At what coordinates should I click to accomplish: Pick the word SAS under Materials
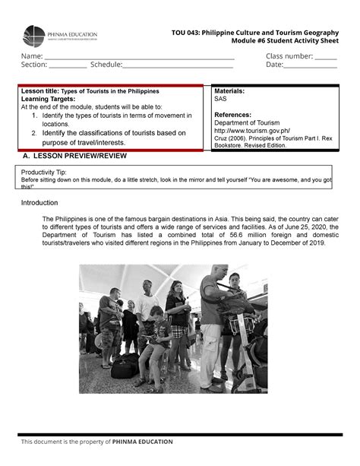point(220,99)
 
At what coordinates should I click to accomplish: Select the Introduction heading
point(39,203)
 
